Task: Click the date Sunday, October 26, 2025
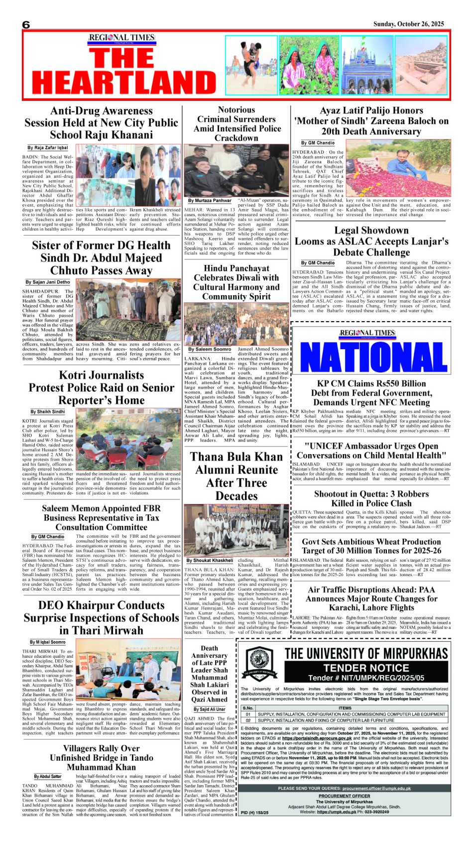pos(408,24)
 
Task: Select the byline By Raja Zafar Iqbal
pos(48,148)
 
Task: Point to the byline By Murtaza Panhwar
pos(210,201)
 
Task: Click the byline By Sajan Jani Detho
pos(48,282)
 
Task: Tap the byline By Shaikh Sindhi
pos(48,412)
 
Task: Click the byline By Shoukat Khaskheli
pos(210,561)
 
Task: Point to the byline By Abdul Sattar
pos(48,776)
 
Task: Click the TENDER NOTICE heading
pos(366,668)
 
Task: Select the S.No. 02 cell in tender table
pos(248,720)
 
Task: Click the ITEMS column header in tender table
pos(345,708)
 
